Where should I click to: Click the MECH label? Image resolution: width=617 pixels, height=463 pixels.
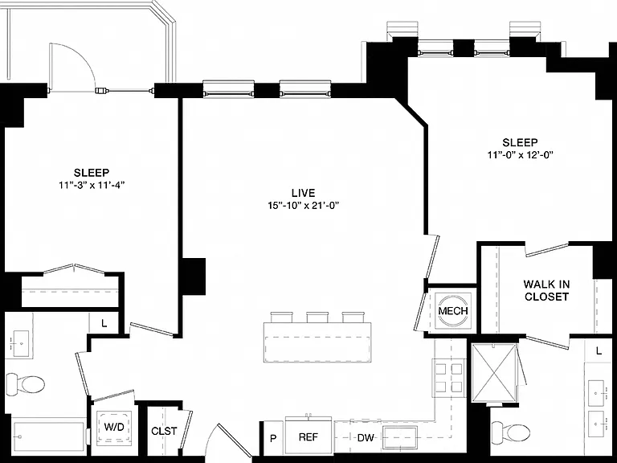coord(453,310)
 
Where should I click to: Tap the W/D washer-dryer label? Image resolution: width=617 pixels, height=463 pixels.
coord(114,427)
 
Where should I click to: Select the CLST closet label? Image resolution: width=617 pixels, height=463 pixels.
coord(164,431)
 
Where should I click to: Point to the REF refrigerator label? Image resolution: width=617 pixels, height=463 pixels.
coord(308,437)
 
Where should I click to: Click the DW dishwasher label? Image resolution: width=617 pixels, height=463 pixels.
coord(366,437)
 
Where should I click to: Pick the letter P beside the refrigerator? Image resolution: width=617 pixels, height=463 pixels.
coord(273,438)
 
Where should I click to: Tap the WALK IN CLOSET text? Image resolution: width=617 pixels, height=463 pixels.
coord(546,290)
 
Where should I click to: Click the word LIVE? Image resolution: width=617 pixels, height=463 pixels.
coord(304,193)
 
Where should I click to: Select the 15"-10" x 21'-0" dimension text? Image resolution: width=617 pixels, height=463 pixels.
coord(304,205)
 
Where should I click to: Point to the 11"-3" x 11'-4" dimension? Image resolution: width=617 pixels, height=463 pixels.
coord(92,185)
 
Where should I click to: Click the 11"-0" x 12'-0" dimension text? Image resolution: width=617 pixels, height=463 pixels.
coord(521,154)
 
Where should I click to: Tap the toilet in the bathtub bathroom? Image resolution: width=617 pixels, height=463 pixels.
coord(26,383)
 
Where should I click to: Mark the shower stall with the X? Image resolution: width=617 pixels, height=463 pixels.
coord(494,372)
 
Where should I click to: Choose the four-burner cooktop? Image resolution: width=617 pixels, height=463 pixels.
coord(448,378)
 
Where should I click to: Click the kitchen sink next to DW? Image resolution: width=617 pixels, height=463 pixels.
coord(400,437)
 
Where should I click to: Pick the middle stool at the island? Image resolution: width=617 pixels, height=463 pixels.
coord(317,317)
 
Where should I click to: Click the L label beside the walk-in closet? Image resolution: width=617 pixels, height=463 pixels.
coord(599,350)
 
